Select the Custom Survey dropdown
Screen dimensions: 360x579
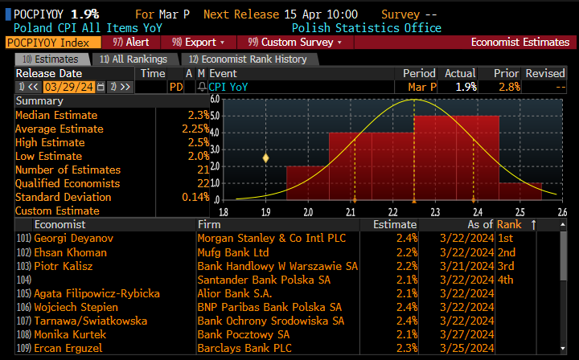tap(295, 42)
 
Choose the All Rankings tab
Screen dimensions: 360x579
tap(133, 59)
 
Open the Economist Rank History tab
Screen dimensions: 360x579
tap(248, 59)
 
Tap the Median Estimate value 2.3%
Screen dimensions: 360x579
tap(198, 115)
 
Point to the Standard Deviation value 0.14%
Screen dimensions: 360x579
tap(195, 197)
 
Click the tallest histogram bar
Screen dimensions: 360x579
tap(456, 157)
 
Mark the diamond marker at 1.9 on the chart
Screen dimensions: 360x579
tap(265, 158)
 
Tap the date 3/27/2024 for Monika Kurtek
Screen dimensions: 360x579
tap(466, 334)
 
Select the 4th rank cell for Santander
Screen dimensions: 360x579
tap(505, 280)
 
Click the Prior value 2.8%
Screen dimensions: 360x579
tap(509, 87)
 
